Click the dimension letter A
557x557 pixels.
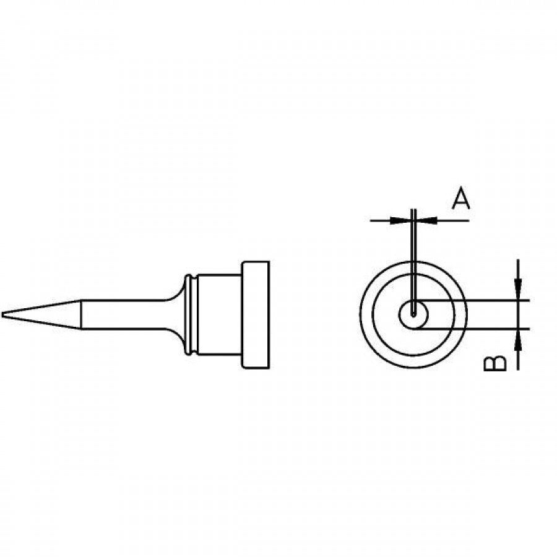tap(460, 200)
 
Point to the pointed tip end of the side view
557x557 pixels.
tap(4, 315)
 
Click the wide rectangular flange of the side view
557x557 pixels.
tap(256, 315)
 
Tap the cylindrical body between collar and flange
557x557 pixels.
tap(220, 315)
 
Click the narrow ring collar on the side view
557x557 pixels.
tap(192, 315)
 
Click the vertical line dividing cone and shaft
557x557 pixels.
tap(80, 315)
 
